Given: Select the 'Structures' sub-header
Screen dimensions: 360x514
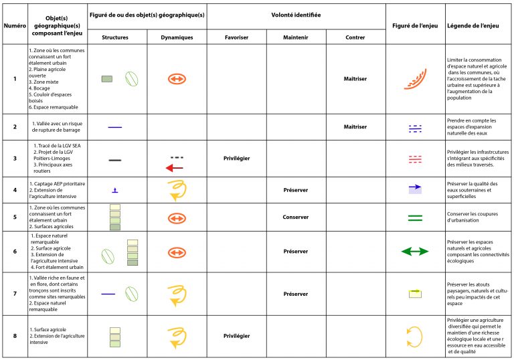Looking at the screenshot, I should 115,37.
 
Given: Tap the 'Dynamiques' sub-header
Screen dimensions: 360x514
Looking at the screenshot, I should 177,37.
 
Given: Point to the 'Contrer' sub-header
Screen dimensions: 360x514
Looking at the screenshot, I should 355,37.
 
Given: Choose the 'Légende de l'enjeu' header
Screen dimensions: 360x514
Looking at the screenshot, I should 477,25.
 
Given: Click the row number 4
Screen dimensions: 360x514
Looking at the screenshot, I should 15,189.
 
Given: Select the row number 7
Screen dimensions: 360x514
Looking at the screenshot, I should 15,293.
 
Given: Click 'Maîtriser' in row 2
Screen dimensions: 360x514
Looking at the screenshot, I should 355,126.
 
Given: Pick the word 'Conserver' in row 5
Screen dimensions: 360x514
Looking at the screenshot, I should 295,217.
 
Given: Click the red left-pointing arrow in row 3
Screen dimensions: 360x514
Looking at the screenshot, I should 175,167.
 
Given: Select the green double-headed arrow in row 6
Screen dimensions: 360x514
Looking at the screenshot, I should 415,251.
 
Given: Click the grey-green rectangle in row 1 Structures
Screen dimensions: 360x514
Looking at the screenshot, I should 106,79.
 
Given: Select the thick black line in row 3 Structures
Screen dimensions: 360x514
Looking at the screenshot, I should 114,161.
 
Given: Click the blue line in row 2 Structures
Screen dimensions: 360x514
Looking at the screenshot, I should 114,126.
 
